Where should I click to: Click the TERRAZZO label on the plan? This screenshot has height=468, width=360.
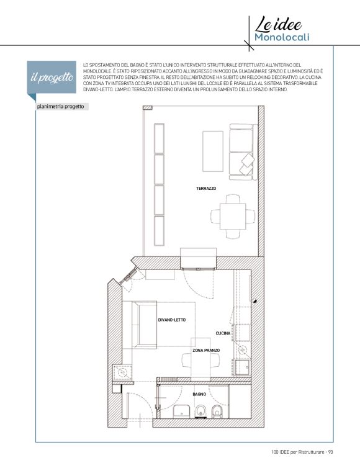(x=206, y=189)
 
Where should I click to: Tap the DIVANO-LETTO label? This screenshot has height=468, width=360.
(x=172, y=320)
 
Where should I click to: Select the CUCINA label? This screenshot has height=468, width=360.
(x=223, y=333)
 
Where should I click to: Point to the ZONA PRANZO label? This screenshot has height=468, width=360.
(x=206, y=351)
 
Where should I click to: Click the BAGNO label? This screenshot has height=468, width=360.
(x=199, y=394)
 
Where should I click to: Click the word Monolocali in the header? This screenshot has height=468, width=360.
(x=282, y=37)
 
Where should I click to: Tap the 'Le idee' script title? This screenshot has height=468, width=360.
(x=278, y=25)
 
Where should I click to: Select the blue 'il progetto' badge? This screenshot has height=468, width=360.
(x=52, y=78)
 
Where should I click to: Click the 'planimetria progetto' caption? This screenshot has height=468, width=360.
(x=60, y=107)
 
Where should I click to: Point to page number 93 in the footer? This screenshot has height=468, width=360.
(x=330, y=452)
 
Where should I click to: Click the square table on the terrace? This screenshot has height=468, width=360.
(x=233, y=217)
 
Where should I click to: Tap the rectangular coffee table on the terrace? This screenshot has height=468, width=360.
(x=213, y=151)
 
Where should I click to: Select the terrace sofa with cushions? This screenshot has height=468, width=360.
(x=243, y=152)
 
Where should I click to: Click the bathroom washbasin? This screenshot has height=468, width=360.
(x=181, y=412)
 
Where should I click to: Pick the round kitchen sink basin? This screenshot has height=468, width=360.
(x=243, y=350)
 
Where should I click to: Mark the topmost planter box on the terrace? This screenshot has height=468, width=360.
(x=159, y=138)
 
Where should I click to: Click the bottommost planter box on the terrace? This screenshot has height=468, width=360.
(x=159, y=231)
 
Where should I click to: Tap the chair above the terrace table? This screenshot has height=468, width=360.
(x=233, y=199)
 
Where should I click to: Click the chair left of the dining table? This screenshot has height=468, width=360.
(x=187, y=361)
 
